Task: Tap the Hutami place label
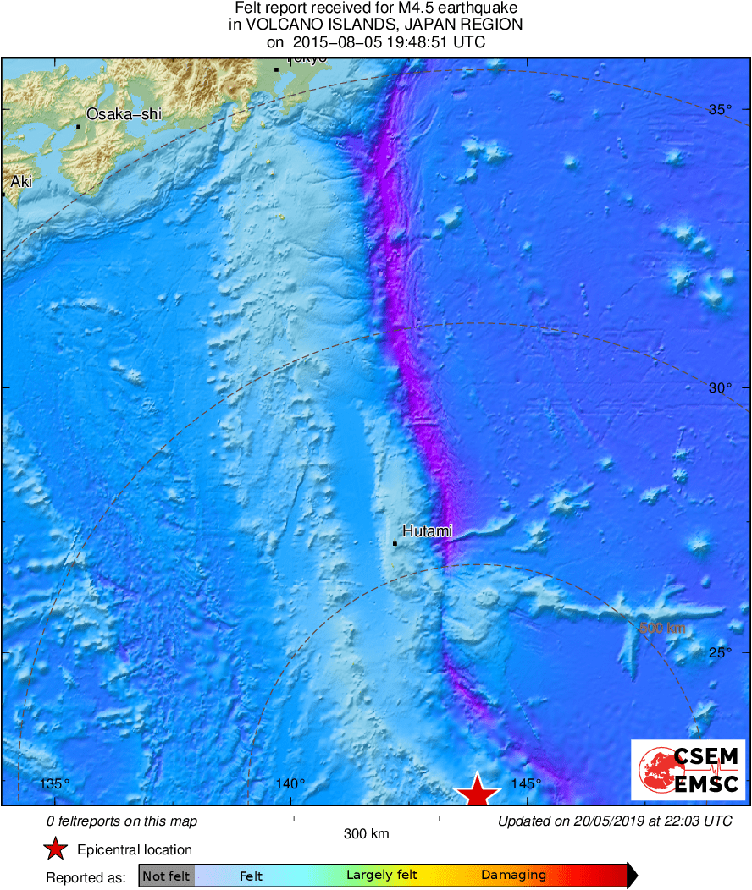tap(427, 531)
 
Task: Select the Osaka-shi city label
tap(124, 114)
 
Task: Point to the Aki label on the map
tap(20, 181)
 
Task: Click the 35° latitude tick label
tap(720, 109)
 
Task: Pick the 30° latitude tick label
tap(720, 387)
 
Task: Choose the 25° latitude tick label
tap(720, 652)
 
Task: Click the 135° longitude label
tap(56, 783)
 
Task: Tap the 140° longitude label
tap(290, 783)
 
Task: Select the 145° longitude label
tap(526, 783)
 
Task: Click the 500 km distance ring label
tap(661, 628)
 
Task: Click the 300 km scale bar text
tap(367, 834)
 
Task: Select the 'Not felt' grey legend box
tap(166, 876)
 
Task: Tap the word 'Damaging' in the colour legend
tap(513, 876)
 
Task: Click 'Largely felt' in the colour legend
tap(380, 876)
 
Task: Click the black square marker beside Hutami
tap(395, 543)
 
